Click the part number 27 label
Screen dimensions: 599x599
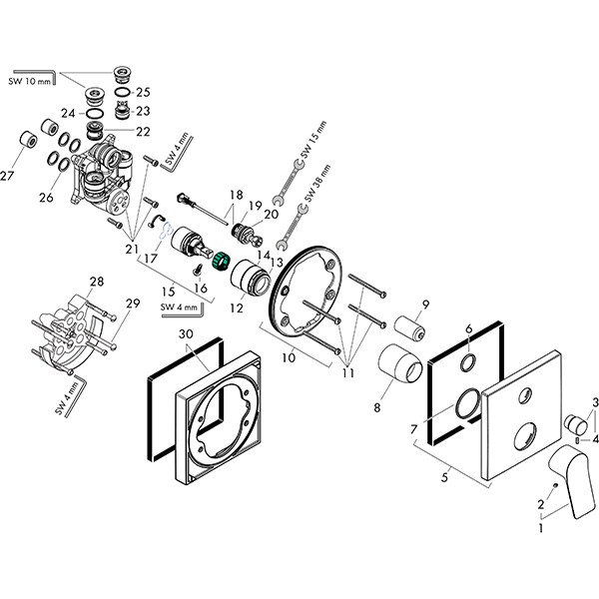9,177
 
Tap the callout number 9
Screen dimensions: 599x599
424,303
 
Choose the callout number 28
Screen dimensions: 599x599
96,282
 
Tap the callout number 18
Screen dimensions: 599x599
236,196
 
